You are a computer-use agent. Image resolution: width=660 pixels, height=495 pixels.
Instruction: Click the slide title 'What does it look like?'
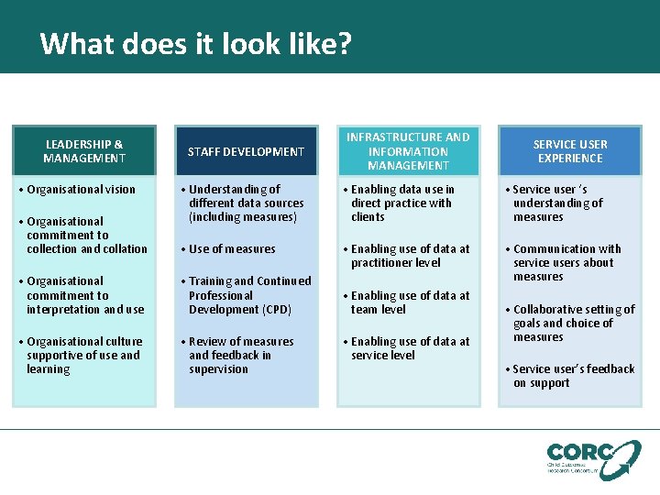pyautogui.click(x=195, y=44)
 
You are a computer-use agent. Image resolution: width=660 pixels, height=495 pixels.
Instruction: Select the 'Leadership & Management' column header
pyautogui.click(x=84, y=151)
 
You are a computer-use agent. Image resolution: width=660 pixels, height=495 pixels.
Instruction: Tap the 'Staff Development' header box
pyautogui.click(x=246, y=151)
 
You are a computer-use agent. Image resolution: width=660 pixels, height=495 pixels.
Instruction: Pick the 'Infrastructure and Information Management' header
pyautogui.click(x=408, y=151)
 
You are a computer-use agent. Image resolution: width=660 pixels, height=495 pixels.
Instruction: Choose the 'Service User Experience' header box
pyautogui.click(x=570, y=151)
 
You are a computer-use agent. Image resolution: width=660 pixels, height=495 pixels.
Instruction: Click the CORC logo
pyautogui.click(x=593, y=458)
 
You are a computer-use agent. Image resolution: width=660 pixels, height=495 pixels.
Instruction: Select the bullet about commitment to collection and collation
pyautogui.click(x=86, y=235)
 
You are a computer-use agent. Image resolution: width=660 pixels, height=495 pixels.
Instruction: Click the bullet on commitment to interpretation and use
pyautogui.click(x=85, y=295)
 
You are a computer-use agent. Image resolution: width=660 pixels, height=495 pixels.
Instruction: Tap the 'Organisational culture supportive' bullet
pyautogui.click(x=84, y=355)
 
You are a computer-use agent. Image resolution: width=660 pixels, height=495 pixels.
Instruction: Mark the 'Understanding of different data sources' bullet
pyautogui.click(x=246, y=203)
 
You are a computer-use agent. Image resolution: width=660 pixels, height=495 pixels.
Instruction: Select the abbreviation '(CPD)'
pyautogui.click(x=273, y=310)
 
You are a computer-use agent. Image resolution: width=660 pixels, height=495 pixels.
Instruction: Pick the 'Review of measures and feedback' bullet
pyautogui.click(x=241, y=355)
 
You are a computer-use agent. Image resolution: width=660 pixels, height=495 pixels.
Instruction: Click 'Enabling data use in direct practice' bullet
pyautogui.click(x=402, y=203)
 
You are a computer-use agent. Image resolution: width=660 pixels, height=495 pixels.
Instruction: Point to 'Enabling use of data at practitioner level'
pyautogui.click(x=410, y=256)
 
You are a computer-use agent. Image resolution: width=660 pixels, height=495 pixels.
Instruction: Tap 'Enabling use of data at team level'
pyautogui.click(x=410, y=302)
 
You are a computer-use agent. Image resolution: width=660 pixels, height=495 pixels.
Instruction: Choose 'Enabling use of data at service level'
pyautogui.click(x=410, y=348)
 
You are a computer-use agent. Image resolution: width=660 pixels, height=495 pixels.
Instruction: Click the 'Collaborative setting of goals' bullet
pyautogui.click(x=574, y=323)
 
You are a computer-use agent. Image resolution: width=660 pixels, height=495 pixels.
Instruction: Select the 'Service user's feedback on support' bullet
pyautogui.click(x=574, y=376)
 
